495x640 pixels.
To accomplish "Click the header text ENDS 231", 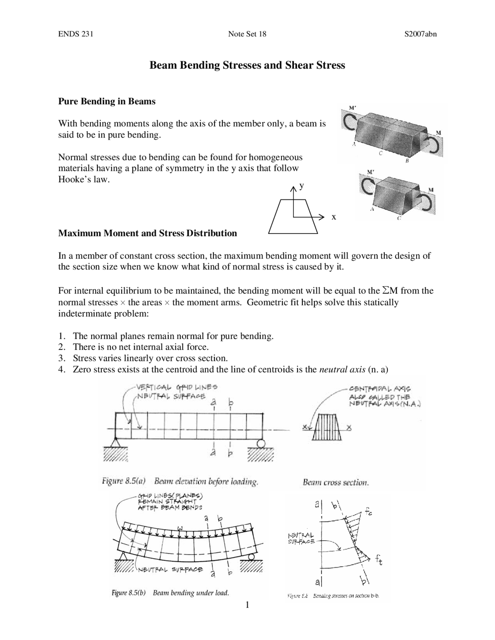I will [75, 34].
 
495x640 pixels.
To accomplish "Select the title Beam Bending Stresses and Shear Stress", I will [247, 65].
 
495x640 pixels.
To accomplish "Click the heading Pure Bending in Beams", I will [107, 101].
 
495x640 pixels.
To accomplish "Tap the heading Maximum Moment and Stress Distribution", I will [147, 233].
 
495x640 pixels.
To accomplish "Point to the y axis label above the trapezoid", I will [302, 186].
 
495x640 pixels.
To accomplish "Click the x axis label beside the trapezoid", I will [333, 217].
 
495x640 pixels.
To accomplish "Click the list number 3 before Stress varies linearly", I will [61, 358].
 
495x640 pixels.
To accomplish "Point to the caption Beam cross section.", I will [335, 482].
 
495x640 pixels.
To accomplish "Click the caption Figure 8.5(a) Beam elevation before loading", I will [180, 482].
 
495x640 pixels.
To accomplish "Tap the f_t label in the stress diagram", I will [378, 559].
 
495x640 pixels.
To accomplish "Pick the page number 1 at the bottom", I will [247, 604].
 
